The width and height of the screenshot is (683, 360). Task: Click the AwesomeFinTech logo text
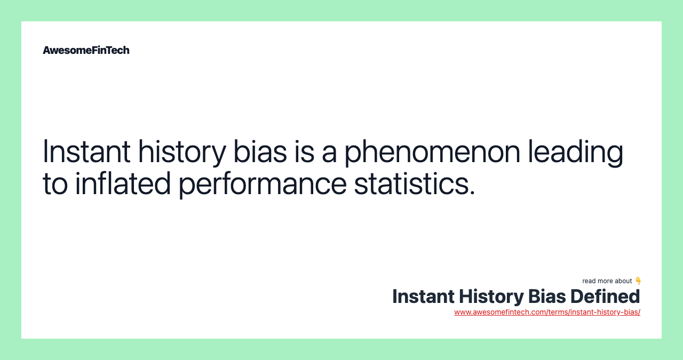tap(86, 50)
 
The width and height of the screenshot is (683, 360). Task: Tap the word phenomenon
tap(432, 152)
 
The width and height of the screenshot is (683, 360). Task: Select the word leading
tap(576, 152)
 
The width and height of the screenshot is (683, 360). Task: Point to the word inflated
tap(123, 183)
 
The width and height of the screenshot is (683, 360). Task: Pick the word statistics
tap(415, 183)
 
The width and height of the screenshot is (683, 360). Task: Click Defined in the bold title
tap(605, 297)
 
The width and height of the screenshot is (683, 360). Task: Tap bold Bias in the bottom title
tap(547, 297)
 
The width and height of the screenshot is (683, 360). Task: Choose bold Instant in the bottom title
tap(423, 297)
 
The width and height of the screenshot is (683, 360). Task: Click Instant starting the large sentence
tap(86, 151)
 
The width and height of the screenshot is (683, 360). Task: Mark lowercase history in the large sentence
tap(182, 152)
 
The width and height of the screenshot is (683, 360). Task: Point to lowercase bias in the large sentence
tap(260, 151)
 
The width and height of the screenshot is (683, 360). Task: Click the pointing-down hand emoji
tap(638, 281)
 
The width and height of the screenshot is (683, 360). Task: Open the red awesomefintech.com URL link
tap(547, 312)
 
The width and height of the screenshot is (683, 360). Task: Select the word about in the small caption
tap(623, 281)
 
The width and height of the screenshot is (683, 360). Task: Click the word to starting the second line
tap(55, 184)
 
